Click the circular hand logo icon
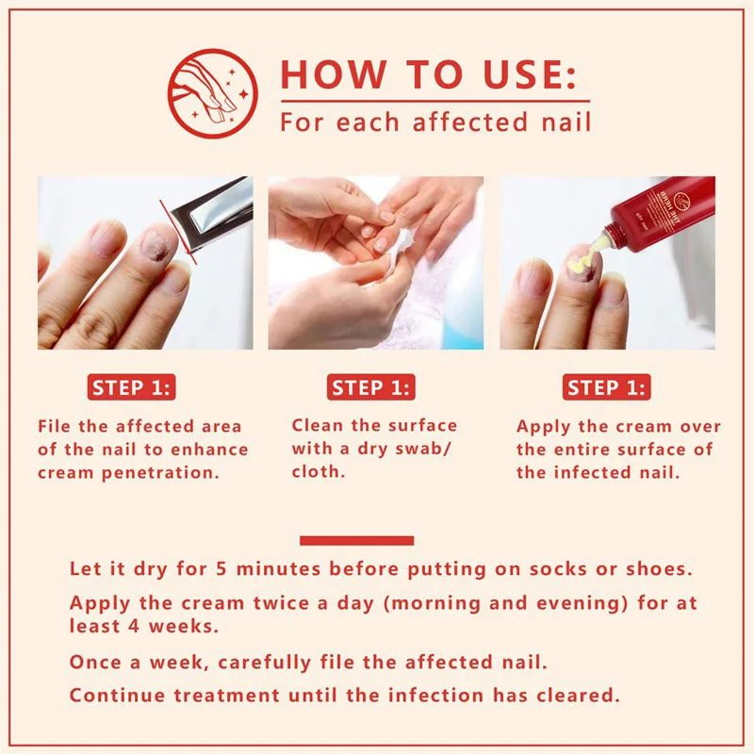pos(212,94)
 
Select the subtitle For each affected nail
pos(435,123)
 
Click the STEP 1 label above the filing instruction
pos(131,387)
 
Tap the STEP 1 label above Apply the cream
pos(606,387)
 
